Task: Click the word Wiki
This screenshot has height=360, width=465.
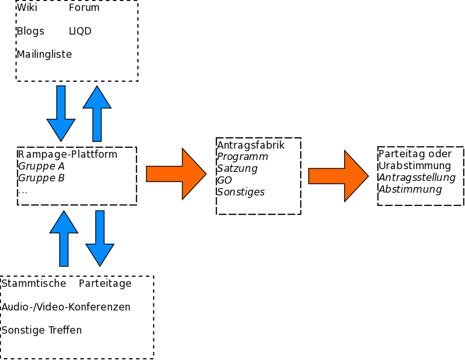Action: [x=27, y=8]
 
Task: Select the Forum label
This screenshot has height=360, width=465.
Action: [x=84, y=8]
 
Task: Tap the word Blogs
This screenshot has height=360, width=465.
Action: [x=30, y=31]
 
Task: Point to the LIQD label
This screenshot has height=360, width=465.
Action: [x=80, y=31]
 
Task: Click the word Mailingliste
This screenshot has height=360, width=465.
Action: [x=44, y=55]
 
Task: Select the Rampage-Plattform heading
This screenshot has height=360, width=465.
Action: [x=68, y=155]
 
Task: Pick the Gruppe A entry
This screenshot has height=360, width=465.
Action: [x=41, y=166]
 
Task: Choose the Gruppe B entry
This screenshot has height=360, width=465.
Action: [x=41, y=178]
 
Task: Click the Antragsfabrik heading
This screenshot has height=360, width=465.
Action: [x=251, y=145]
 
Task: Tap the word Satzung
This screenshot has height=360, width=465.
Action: [x=237, y=169]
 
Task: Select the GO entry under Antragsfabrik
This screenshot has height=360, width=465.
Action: [x=224, y=180]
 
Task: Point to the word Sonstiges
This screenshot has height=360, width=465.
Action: [x=241, y=192]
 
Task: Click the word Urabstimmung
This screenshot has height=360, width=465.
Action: [x=415, y=166]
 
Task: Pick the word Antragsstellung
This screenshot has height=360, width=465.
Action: [x=417, y=178]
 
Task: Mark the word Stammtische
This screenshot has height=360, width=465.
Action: [x=34, y=284]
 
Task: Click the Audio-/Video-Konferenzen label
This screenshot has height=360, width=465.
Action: [x=66, y=307]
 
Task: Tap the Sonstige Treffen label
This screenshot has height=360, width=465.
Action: [x=42, y=330]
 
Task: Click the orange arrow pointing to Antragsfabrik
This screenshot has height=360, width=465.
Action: [x=176, y=174]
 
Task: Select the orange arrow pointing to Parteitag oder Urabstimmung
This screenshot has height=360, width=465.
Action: [x=338, y=176]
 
